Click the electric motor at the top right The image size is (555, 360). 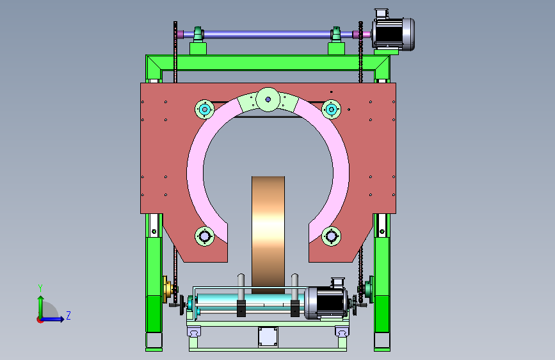point(393,32)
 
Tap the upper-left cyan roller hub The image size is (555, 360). point(205,110)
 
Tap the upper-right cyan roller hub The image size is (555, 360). point(332,110)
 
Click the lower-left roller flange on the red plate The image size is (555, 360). point(205,236)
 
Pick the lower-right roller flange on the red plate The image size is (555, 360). point(332,236)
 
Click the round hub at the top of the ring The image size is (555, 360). point(268,99)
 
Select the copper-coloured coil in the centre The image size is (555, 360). point(268,235)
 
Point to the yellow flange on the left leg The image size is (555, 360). point(166,289)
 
